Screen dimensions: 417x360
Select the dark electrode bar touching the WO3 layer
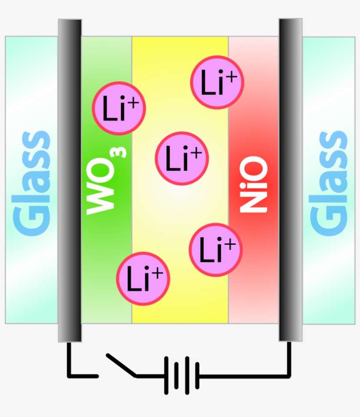click(x=69, y=180)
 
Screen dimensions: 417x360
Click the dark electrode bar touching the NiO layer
click(x=290, y=180)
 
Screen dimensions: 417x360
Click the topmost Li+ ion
click(x=217, y=83)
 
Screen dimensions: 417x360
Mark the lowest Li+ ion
click(x=143, y=278)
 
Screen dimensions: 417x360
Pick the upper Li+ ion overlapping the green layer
click(x=119, y=108)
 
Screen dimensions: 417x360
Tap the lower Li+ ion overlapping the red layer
click(x=216, y=250)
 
